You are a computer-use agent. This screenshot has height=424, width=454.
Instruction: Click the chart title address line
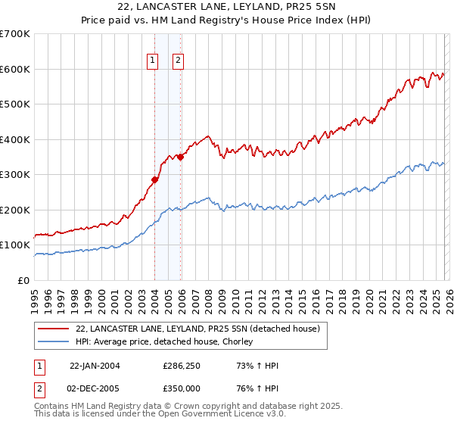(x=227, y=7)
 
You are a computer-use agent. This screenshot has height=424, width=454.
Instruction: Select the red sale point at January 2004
(x=154, y=179)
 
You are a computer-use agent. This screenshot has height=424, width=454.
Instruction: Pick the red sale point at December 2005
(x=180, y=157)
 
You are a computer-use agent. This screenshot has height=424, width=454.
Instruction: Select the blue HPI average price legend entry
(x=166, y=341)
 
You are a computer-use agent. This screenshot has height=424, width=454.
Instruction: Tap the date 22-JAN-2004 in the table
(x=95, y=366)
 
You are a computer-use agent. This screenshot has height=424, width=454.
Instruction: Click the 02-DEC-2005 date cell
(x=95, y=388)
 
